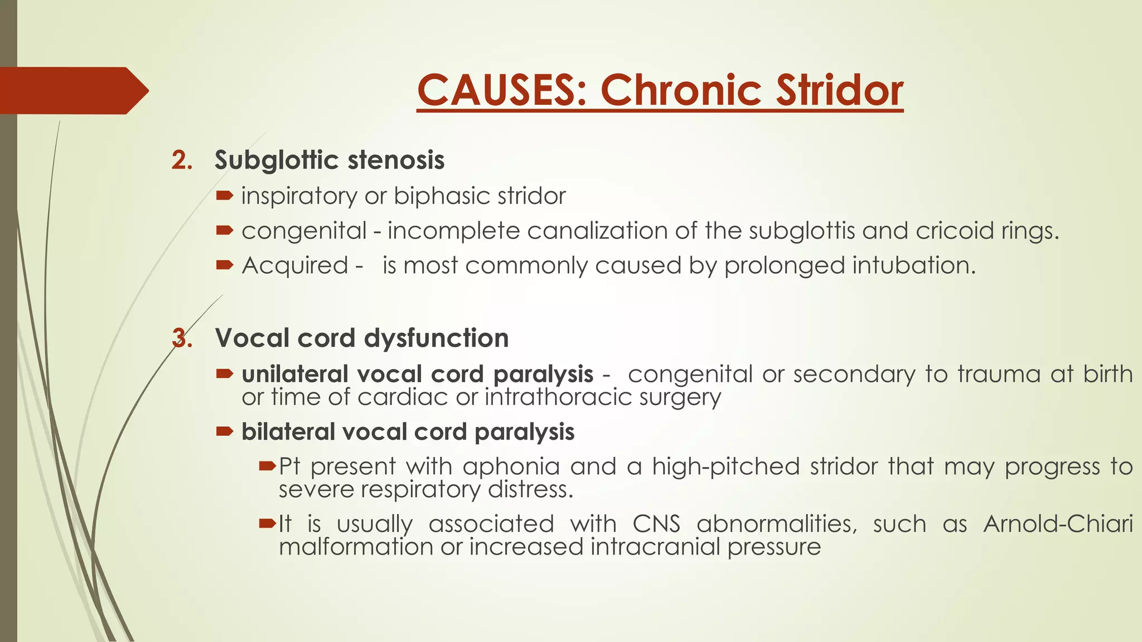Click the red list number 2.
pos(181,160)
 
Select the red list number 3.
pos(182,338)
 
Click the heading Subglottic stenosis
pos(329,160)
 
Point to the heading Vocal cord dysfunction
pos(361,338)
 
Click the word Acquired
pos(295,265)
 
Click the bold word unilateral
pos(294,374)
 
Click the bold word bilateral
pos(288,432)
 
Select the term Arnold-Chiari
pos(1058,524)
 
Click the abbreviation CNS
pos(656,524)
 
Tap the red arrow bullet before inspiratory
pos(225,195)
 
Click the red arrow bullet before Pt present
pos(268,465)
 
